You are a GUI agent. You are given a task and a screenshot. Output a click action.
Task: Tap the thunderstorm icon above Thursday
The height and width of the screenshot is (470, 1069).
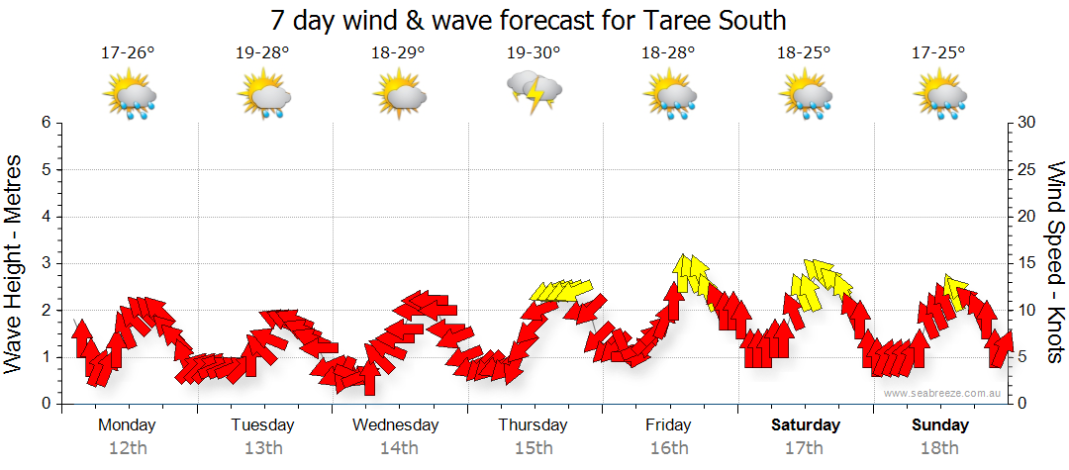point(534,94)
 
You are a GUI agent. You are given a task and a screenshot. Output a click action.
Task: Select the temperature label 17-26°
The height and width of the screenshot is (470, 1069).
point(128,53)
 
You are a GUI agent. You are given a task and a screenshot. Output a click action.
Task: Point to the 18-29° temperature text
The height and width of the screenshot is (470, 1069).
point(399,53)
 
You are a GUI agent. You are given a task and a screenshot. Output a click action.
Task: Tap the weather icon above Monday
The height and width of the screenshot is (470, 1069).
point(130,96)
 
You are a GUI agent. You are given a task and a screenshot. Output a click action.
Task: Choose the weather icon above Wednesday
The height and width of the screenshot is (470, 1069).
point(400,96)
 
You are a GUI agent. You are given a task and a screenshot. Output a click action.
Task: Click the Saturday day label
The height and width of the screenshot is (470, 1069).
point(806,425)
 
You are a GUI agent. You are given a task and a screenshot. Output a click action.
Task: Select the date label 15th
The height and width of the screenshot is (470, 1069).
point(534,447)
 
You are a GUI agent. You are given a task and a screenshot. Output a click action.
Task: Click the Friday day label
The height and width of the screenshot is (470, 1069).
point(669,425)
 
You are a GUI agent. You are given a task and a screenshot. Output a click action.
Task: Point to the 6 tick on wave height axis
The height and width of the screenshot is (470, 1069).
point(46,123)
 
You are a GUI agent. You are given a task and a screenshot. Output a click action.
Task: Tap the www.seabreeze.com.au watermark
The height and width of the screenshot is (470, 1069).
point(943,393)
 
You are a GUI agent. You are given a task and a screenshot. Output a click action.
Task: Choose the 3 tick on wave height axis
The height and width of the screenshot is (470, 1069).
point(46,263)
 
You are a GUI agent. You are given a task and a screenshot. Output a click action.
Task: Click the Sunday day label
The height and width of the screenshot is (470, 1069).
point(940,425)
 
